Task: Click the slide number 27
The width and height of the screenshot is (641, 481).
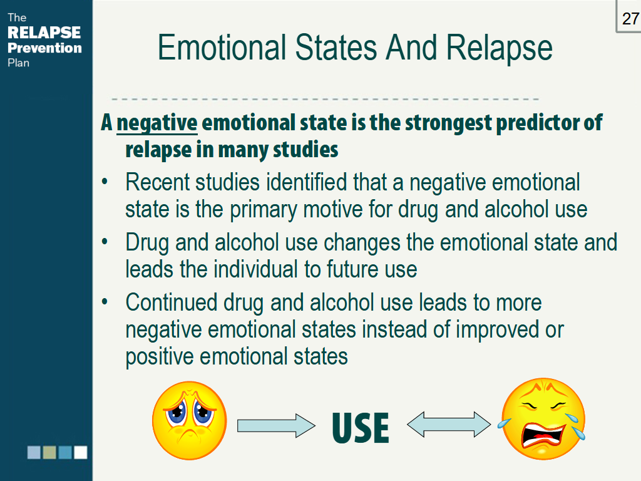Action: [630, 19]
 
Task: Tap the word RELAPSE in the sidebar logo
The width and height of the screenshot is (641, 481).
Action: [44, 33]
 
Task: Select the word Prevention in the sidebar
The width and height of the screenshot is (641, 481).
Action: [44, 48]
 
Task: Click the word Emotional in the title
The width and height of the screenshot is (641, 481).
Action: [222, 48]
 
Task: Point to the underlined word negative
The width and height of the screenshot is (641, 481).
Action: [157, 123]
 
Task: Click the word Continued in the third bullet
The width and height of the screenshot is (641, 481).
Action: [172, 303]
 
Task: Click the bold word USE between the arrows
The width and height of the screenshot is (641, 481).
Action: [361, 428]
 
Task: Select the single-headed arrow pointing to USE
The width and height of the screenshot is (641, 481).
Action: [276, 426]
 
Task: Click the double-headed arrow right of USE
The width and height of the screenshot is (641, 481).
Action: [449, 425]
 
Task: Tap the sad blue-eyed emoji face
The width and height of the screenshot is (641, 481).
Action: [189, 420]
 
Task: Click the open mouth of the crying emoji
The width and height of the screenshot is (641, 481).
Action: [543, 436]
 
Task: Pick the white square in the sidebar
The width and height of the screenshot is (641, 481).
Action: [81, 452]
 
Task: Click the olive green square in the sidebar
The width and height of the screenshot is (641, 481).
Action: [49, 452]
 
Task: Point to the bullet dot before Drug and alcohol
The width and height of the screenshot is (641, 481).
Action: [105, 242]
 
